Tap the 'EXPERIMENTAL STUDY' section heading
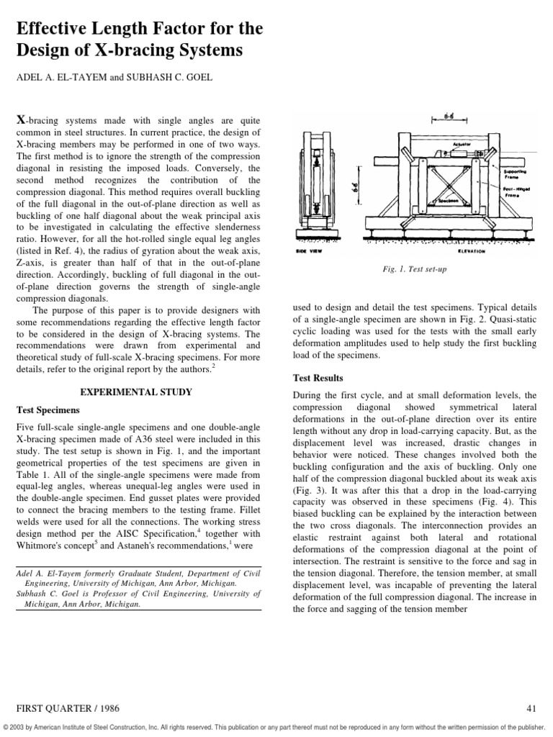click(136, 392)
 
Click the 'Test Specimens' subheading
click(48, 410)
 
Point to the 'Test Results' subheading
click(318, 378)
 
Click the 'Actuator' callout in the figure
click(462, 145)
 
